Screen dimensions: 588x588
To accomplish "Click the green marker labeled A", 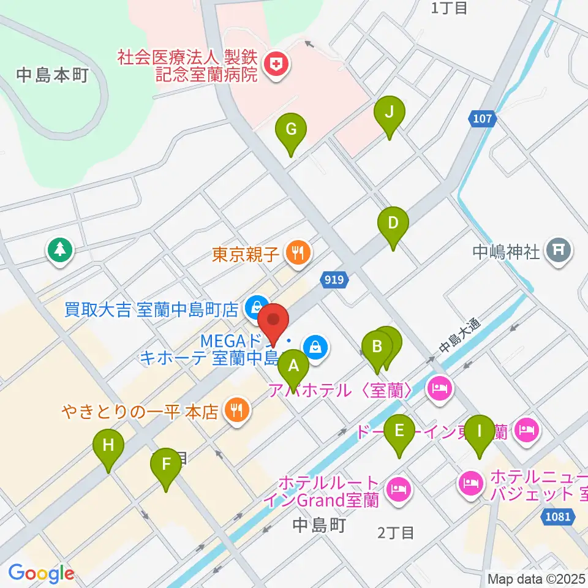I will [293, 367].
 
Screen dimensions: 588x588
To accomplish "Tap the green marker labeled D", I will [393, 224].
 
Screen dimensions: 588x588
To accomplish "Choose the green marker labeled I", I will [480, 431].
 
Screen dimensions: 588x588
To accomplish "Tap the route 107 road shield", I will [482, 119].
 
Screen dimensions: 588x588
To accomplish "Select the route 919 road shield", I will [334, 280].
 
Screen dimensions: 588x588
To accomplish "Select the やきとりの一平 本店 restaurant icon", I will [236, 410].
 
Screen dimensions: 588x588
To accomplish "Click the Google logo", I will [41, 573].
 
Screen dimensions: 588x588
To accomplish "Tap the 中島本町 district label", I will [53, 75].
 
